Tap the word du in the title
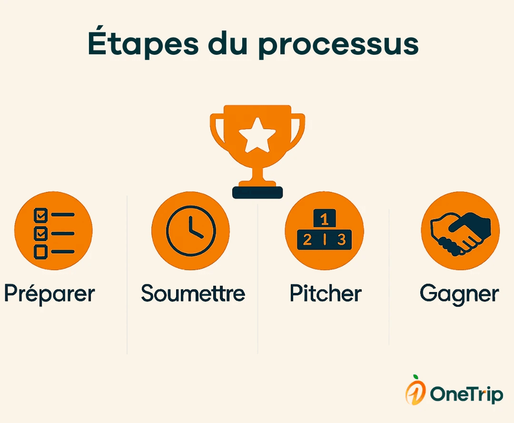pyautogui.click(x=232, y=44)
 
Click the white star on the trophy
pyautogui.click(x=257, y=136)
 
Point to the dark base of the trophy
pyautogui.click(x=257, y=192)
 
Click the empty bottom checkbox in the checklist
pyautogui.click(x=40, y=251)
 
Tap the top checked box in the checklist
pyautogui.click(x=40, y=215)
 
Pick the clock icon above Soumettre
pyautogui.click(x=190, y=231)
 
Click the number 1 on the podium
pyautogui.click(x=325, y=220)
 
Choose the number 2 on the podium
pyautogui.click(x=307, y=240)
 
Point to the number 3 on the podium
pyautogui.click(x=341, y=240)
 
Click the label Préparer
pyautogui.click(x=49, y=294)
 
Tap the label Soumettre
pyautogui.click(x=193, y=293)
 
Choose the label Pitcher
pyautogui.click(x=326, y=293)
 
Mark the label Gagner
pyautogui.click(x=459, y=294)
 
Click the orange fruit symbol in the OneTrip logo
pyautogui.click(x=415, y=392)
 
